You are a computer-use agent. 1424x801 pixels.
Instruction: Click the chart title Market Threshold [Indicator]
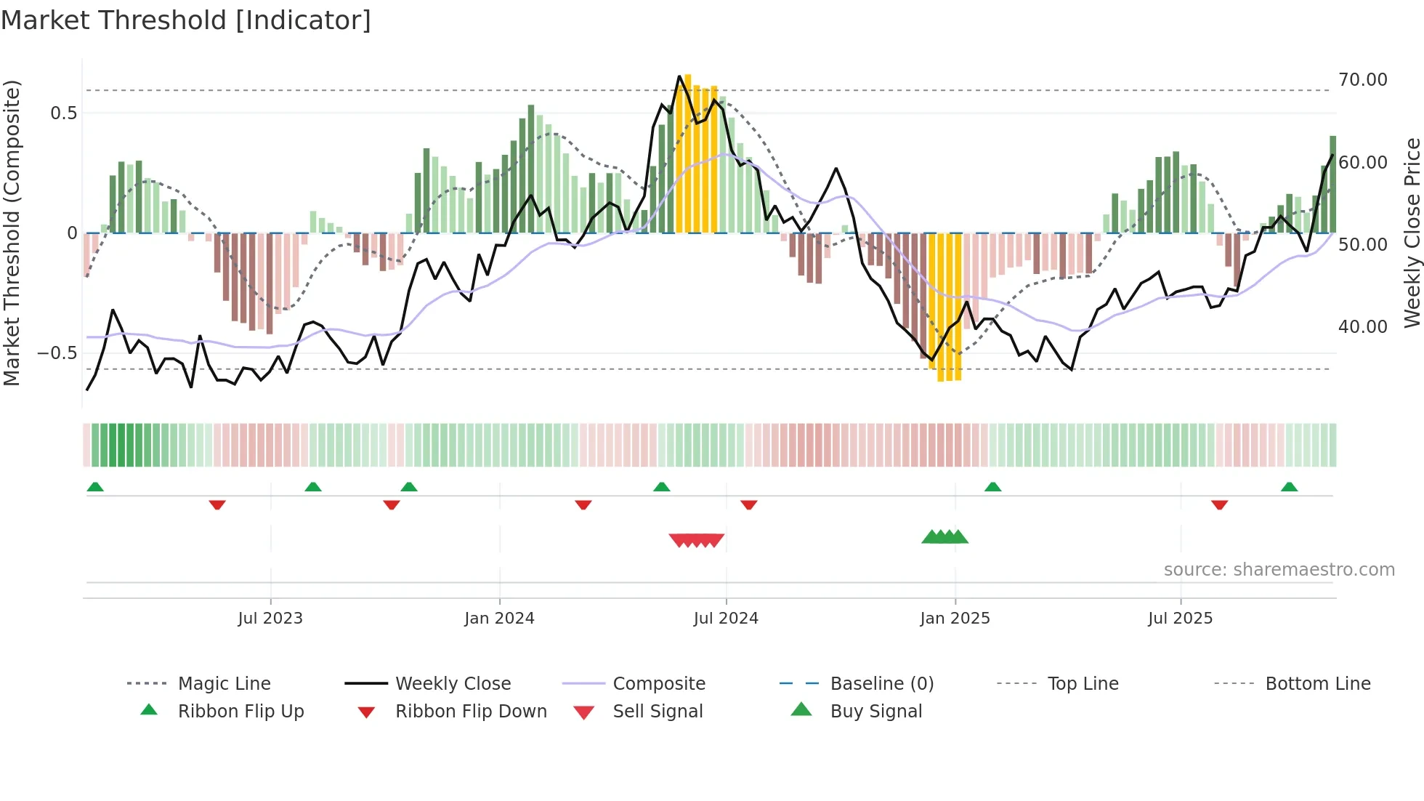click(x=186, y=20)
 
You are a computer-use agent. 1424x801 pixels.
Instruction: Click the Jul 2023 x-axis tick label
click(x=270, y=618)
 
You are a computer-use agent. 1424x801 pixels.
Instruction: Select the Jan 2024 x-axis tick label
click(x=499, y=618)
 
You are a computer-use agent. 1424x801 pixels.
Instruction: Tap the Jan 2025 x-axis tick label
click(x=955, y=618)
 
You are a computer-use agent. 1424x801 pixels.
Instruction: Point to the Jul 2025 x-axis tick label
click(x=1180, y=618)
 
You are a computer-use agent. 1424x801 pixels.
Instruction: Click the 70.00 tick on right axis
click(x=1362, y=80)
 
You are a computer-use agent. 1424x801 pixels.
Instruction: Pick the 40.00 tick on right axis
click(x=1362, y=327)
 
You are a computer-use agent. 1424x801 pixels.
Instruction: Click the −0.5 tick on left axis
click(x=57, y=353)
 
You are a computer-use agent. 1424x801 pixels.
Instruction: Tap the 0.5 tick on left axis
click(x=63, y=113)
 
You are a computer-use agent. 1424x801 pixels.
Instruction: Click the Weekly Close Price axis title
click(x=1412, y=233)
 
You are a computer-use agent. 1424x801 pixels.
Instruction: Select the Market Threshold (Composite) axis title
click(x=12, y=233)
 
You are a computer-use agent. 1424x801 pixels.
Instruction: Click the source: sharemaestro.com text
click(x=1279, y=569)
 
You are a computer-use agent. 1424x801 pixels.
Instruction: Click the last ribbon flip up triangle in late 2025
click(x=1289, y=487)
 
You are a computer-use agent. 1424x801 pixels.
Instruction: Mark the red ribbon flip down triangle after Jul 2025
click(x=1219, y=504)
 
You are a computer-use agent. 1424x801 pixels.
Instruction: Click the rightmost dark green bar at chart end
click(x=1332, y=185)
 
